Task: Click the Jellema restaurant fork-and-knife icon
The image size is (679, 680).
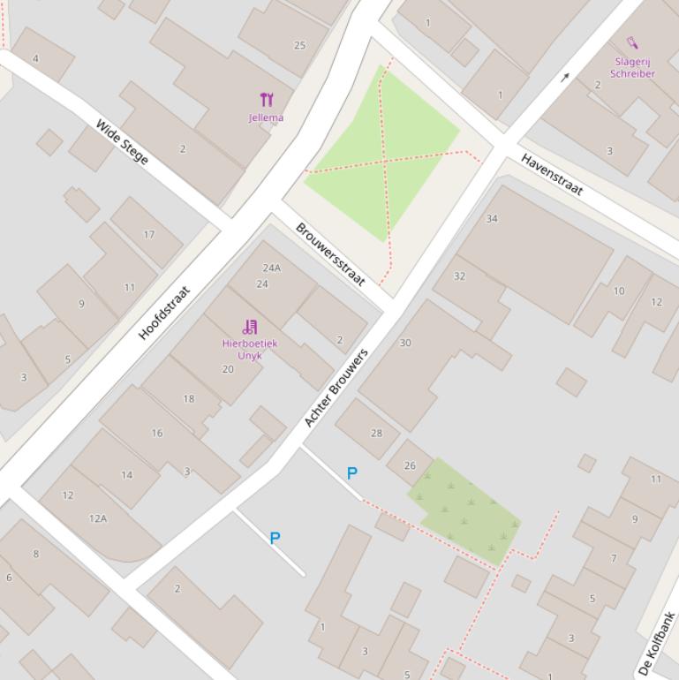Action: pyautogui.click(x=266, y=100)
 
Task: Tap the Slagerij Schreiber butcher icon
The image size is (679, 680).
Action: pyautogui.click(x=632, y=42)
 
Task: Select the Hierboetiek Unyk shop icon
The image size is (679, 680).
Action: pyautogui.click(x=250, y=327)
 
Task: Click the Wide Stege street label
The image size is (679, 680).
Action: pyautogui.click(x=122, y=141)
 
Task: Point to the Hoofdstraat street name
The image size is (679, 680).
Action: pyautogui.click(x=164, y=312)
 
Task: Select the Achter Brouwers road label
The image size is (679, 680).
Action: pyautogui.click(x=336, y=387)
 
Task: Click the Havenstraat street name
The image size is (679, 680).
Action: pyautogui.click(x=553, y=174)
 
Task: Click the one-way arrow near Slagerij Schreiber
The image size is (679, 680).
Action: pyautogui.click(x=565, y=78)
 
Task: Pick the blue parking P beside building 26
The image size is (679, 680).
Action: pyautogui.click(x=351, y=473)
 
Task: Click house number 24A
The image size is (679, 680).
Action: pyautogui.click(x=271, y=268)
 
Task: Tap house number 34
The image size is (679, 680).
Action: pyautogui.click(x=492, y=218)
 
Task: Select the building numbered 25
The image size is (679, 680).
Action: pyautogui.click(x=299, y=45)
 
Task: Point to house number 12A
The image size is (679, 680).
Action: pyautogui.click(x=97, y=518)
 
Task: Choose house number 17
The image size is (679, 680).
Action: pyautogui.click(x=149, y=235)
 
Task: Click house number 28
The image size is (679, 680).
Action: pyautogui.click(x=377, y=433)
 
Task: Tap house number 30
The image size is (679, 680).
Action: pyautogui.click(x=405, y=343)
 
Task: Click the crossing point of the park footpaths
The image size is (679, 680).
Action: pyautogui.click(x=386, y=160)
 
